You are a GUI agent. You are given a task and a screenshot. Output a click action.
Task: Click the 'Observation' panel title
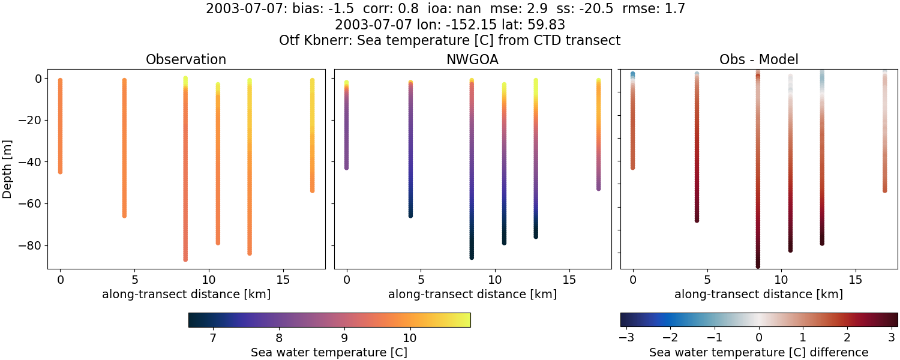[x=186, y=59]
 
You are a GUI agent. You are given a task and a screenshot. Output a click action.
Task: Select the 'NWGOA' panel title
[x=472, y=59]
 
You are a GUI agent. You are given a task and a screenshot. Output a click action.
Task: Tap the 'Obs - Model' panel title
[x=758, y=59]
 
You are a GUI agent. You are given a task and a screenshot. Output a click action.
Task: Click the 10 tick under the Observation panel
[x=208, y=280]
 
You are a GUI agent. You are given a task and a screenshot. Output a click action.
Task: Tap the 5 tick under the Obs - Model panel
[x=707, y=280]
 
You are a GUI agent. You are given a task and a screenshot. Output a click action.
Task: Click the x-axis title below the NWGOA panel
[x=472, y=294]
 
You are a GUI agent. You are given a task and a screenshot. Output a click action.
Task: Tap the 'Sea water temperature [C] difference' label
[x=758, y=352]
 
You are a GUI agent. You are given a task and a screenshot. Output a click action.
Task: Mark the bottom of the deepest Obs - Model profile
[x=758, y=266]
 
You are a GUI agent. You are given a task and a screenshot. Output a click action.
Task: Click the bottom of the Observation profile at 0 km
[x=60, y=172]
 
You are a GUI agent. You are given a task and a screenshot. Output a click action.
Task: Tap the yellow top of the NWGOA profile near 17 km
[x=598, y=80]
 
